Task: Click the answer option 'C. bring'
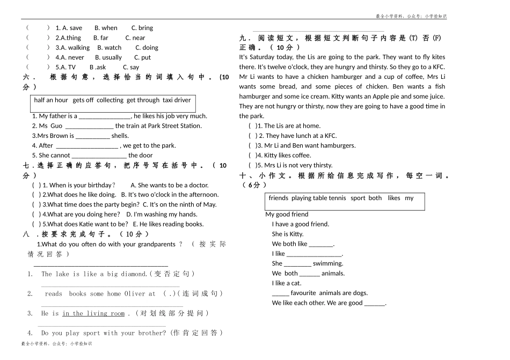tap(142, 28)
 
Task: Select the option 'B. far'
tap(100, 38)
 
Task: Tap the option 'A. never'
tap(72, 57)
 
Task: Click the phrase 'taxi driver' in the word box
tap(177, 100)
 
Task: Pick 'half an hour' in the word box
tap(51, 100)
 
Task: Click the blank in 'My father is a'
tap(105, 116)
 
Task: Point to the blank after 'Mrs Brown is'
tap(93, 136)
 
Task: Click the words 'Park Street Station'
tap(174, 126)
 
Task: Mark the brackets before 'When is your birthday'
tap(37, 185)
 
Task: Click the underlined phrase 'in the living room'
tap(93, 313)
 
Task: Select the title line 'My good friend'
tap(287, 215)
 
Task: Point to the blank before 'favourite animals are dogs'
tap(280, 293)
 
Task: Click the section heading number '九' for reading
tap(243, 38)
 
